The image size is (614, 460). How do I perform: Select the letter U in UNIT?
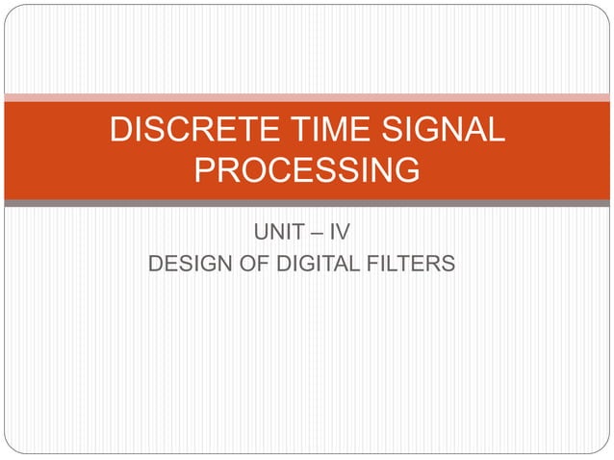tap(260, 231)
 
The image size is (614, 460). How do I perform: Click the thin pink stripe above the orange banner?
tap(307, 97)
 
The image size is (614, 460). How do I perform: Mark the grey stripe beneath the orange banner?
tap(307, 203)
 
